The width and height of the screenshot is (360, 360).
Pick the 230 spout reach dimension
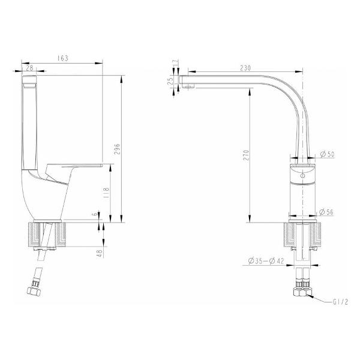coord(244,68)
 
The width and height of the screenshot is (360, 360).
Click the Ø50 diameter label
coord(327,155)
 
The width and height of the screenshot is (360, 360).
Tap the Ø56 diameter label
coord(327,212)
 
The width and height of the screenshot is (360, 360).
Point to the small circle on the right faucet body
coord(304,178)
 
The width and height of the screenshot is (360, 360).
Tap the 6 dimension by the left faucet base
coord(94,214)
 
